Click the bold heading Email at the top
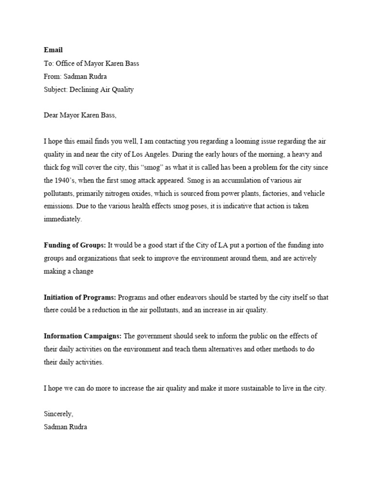[x=53, y=50]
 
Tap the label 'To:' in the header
[x=49, y=63]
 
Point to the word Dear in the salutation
[x=51, y=116]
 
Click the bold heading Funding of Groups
[x=75, y=246]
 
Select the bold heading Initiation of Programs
[x=80, y=297]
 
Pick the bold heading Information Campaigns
[x=83, y=336]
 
